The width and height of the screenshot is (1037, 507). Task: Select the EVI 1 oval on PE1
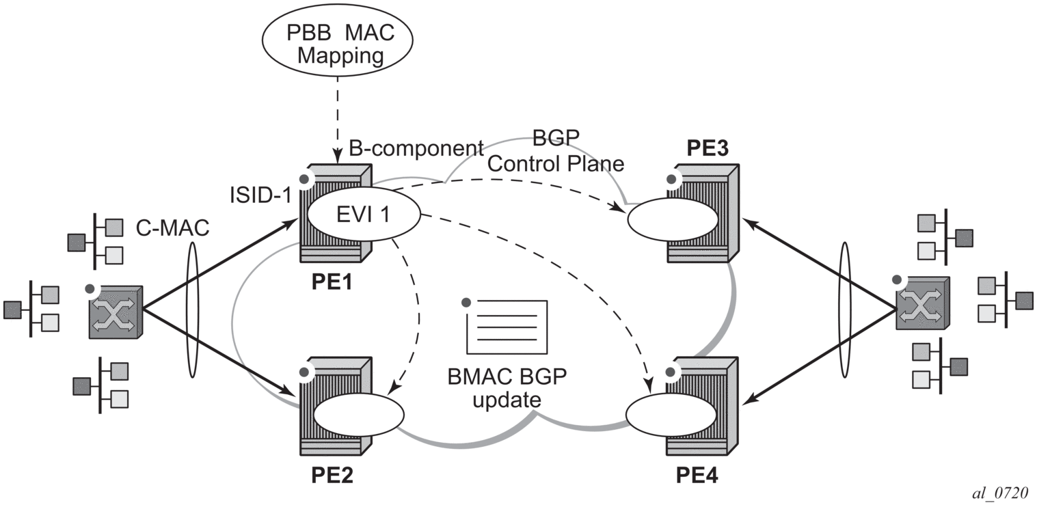363,214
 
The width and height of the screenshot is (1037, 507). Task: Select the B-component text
416,148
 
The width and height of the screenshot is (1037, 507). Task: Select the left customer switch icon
115,312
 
